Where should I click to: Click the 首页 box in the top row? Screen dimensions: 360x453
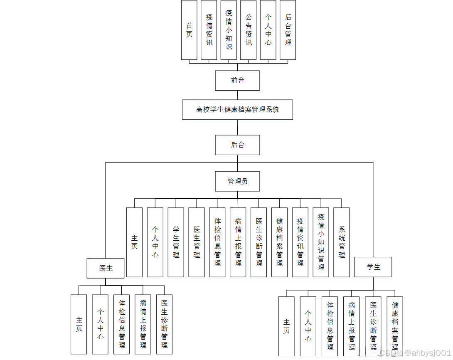(x=189, y=30)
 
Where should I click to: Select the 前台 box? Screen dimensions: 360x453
(x=237, y=81)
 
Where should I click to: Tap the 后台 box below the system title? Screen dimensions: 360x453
(x=237, y=145)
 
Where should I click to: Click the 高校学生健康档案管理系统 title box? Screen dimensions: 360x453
(x=237, y=110)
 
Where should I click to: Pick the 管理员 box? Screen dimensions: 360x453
(x=237, y=181)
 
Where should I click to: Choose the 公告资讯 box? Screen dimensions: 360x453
(x=249, y=30)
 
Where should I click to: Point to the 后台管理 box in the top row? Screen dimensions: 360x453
(x=288, y=30)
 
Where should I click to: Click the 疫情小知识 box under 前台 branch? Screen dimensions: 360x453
(x=229, y=30)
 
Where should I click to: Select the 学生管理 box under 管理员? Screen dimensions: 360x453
(x=176, y=242)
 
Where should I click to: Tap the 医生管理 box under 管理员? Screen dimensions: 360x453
(x=197, y=242)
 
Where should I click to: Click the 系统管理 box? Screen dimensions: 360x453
(x=342, y=242)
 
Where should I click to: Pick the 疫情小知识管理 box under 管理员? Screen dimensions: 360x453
(x=321, y=242)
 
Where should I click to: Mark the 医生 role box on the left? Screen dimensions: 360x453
(x=106, y=268)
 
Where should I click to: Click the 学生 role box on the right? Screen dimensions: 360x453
(x=373, y=267)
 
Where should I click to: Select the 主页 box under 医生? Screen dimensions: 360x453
(x=79, y=324)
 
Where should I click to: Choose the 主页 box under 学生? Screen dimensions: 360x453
(x=286, y=326)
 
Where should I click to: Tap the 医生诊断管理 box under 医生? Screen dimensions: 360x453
(x=164, y=324)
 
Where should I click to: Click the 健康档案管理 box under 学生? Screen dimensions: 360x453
(x=395, y=326)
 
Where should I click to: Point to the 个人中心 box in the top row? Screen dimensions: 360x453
(x=268, y=30)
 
